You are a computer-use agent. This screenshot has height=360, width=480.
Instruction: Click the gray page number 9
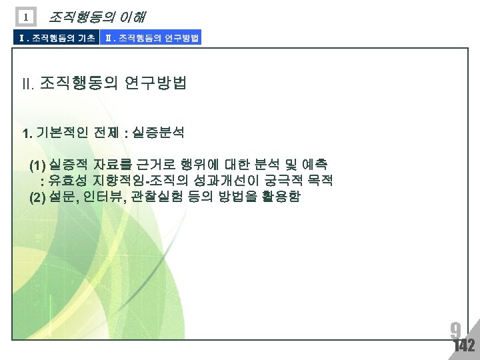tap(455, 330)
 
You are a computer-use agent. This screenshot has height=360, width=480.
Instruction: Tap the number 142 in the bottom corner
tap(463, 345)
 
